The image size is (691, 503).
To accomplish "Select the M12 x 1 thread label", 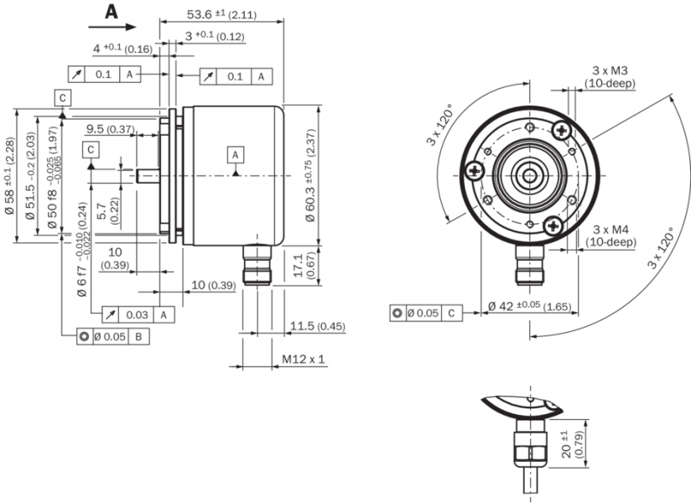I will [304, 360].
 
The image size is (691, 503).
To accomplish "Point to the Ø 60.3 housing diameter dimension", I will [312, 176].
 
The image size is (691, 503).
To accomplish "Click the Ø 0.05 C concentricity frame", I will [426, 314].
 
